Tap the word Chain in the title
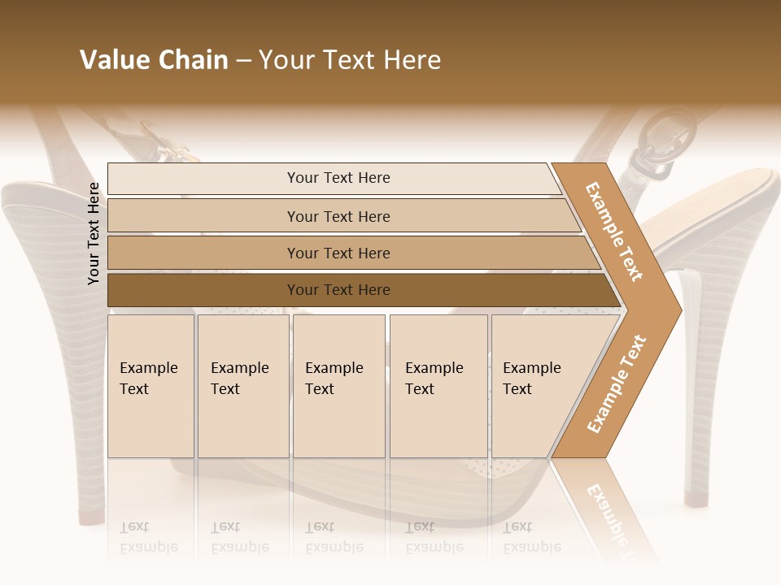coord(193,60)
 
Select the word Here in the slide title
coord(412,60)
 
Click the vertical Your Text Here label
coord(94,234)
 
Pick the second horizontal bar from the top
coord(338,216)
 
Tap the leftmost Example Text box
coord(151,386)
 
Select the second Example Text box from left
coord(242,386)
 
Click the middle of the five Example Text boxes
coord(338,386)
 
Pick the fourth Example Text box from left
coord(438,386)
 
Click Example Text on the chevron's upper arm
coord(614,232)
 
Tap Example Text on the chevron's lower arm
coord(616,384)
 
